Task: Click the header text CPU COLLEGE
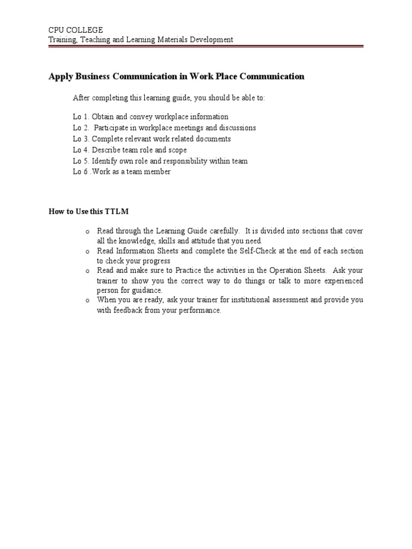[76, 30]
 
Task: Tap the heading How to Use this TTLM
[89, 212]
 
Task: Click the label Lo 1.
[80, 116]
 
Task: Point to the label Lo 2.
[80, 128]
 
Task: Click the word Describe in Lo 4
[107, 150]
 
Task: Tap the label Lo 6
[81, 172]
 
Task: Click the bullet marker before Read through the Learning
[86, 232]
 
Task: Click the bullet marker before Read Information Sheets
[86, 251]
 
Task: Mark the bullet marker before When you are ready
[86, 301]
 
